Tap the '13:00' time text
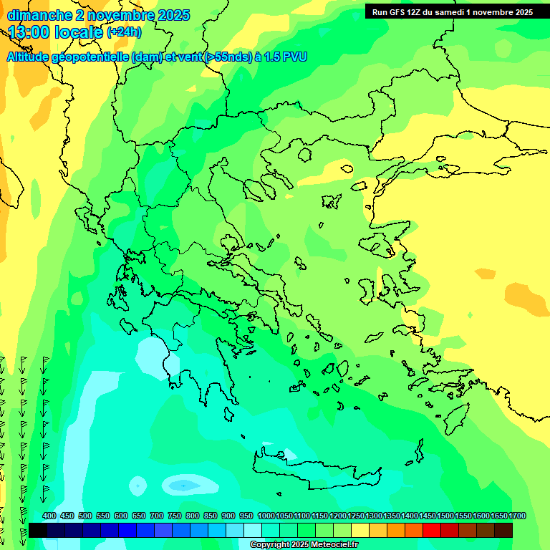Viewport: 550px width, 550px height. (29, 32)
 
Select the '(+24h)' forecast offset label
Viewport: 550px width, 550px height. (124, 32)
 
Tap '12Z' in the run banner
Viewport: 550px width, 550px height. (415, 12)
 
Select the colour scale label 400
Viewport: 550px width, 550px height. (49, 516)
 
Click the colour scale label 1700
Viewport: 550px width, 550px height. (517, 516)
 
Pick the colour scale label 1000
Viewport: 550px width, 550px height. (266, 516)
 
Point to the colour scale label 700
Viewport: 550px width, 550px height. (157, 516)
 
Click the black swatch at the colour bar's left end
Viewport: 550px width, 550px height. (38, 530)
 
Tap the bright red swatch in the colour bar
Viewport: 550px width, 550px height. (431, 530)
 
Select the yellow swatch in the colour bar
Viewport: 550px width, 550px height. (360, 530)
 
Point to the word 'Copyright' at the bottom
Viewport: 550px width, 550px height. (269, 545)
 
